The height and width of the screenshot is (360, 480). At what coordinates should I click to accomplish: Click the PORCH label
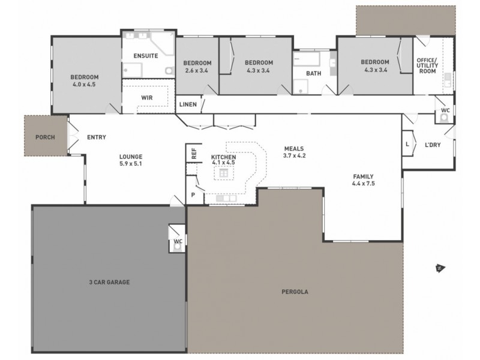tap(45, 137)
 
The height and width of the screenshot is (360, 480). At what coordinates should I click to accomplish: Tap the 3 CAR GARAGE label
tap(109, 281)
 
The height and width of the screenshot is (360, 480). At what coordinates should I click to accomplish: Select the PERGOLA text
tap(295, 292)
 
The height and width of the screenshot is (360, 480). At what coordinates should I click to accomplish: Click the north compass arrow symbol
tap(439, 268)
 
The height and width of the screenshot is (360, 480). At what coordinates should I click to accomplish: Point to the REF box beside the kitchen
tap(194, 152)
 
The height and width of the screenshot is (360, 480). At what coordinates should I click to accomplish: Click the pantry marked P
tap(193, 194)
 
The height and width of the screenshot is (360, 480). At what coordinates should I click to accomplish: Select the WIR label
tap(147, 97)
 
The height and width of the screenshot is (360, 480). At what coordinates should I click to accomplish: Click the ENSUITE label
tap(146, 56)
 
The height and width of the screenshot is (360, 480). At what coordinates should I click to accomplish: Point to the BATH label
tap(314, 74)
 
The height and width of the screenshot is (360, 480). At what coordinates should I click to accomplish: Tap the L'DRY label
tap(433, 145)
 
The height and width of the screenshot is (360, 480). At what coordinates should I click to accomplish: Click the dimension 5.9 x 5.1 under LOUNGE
tap(130, 163)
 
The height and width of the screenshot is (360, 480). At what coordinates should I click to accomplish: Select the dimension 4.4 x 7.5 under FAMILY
tap(363, 184)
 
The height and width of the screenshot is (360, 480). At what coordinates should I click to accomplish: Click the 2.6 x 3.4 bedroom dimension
tap(197, 70)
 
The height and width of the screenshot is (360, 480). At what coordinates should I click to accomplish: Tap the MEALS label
tap(295, 148)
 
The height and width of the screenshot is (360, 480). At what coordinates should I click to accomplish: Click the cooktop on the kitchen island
tap(223, 173)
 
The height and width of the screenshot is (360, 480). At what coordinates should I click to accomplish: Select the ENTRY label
tap(96, 137)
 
